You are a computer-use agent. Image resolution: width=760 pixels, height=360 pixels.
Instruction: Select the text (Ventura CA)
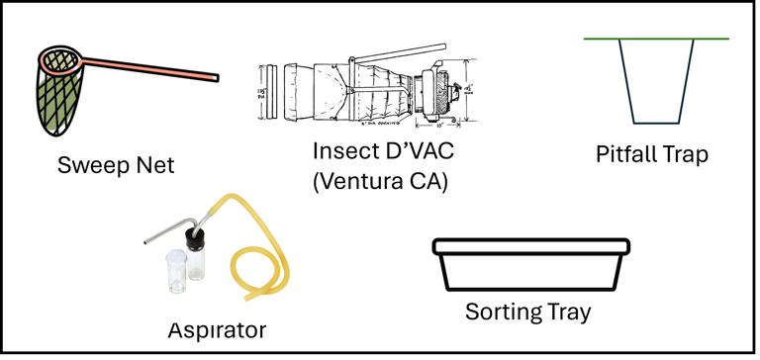pyautogui.click(x=380, y=182)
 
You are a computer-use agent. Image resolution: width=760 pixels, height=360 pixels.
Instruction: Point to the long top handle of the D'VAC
pyautogui.click(x=398, y=52)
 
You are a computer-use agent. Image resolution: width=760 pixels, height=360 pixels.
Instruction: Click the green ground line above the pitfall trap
pyautogui.click(x=656, y=39)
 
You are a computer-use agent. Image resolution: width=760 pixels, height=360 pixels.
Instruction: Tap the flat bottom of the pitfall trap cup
pyautogui.click(x=656, y=123)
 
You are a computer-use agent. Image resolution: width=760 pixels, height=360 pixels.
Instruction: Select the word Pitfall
pyautogui.click(x=627, y=154)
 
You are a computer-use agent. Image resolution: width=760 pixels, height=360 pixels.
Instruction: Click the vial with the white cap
pyautogui.click(x=176, y=271)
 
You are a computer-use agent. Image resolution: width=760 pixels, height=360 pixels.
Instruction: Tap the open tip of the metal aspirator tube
pyautogui.click(x=145, y=240)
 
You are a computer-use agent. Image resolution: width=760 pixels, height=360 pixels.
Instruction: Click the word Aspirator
pyautogui.click(x=217, y=330)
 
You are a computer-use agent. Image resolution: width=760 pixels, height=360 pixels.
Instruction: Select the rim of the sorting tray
pyautogui.click(x=531, y=246)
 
